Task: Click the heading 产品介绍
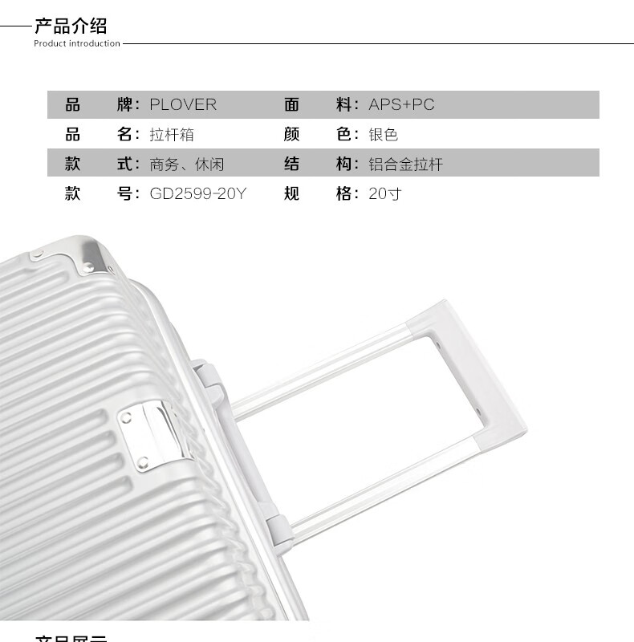coord(71,26)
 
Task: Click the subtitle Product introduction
coord(76,43)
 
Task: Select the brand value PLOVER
coord(183,104)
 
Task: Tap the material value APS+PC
coord(401,104)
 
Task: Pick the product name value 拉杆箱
coord(172,134)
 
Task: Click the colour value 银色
coord(384,134)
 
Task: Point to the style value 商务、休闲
coord(187,164)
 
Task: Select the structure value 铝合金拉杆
coord(405,164)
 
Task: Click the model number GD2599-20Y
coord(197,193)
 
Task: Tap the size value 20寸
coord(385,193)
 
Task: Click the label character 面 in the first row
coord(291,104)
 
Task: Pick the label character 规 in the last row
coord(291,193)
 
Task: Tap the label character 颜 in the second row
coord(291,134)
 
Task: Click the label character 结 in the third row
coord(291,164)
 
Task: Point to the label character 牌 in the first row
coord(125,104)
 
